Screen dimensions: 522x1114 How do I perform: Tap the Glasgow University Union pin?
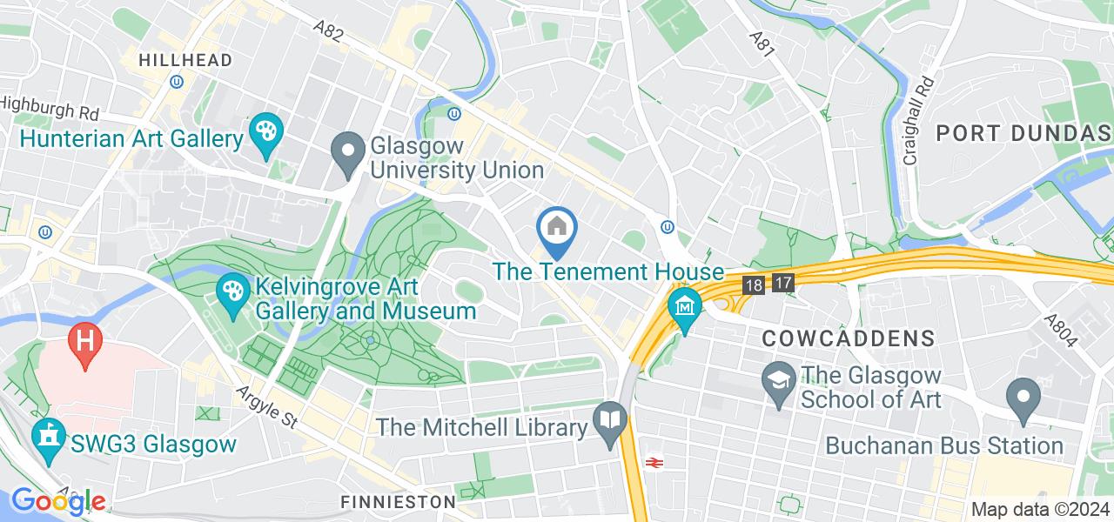(349, 153)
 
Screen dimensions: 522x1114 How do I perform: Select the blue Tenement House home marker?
(555, 229)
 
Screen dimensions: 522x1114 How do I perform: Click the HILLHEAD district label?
(185, 60)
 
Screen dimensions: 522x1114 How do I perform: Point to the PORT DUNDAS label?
(1023, 133)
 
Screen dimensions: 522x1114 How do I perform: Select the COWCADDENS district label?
(849, 338)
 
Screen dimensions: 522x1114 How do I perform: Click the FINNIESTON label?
(399, 502)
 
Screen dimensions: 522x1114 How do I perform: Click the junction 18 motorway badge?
(754, 284)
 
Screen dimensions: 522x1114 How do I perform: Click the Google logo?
(57, 500)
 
